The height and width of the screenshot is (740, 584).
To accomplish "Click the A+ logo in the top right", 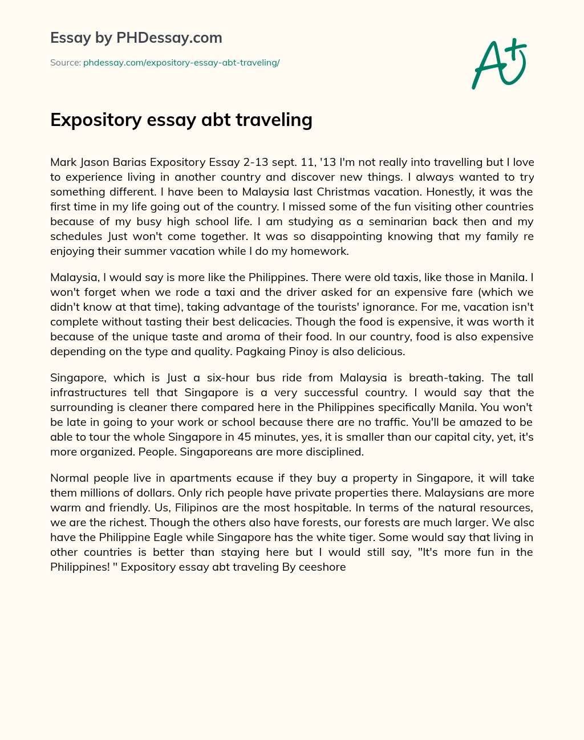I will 499,64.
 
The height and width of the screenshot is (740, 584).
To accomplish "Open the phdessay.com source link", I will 181,63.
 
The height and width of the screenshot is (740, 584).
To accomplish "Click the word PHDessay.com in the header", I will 169,38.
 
